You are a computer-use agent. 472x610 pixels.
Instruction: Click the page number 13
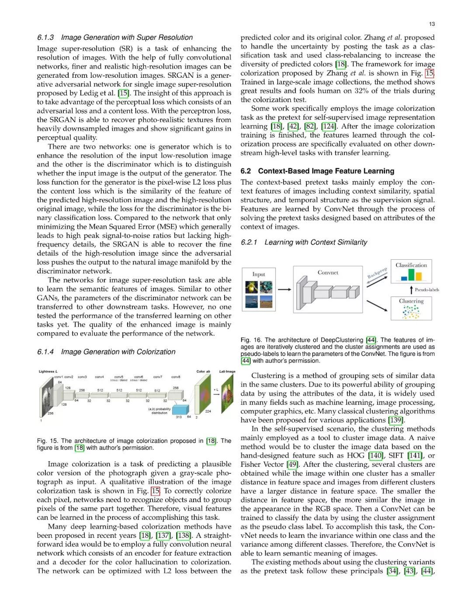432,24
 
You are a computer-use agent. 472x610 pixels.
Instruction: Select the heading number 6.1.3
45,38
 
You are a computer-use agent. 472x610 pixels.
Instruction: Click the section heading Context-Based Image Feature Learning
326,171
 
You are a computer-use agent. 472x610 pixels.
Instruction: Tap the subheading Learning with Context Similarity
316,242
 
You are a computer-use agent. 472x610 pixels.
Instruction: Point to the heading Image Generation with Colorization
118,352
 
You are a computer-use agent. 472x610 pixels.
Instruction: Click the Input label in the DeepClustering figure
259,274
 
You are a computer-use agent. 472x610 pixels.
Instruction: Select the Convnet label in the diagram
328,272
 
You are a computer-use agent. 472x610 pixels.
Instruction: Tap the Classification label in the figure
411,265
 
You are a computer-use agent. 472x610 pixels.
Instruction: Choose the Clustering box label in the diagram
411,301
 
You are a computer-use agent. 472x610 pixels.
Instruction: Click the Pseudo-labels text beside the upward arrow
427,289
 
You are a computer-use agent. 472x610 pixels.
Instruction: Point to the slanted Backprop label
377,273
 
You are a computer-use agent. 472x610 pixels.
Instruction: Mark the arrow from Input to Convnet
285,289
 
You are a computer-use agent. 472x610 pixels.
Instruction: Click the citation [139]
396,420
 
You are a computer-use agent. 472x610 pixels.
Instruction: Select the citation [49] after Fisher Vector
292,465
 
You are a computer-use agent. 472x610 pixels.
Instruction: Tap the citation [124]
329,127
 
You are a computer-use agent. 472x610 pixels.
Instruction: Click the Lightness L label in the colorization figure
48,372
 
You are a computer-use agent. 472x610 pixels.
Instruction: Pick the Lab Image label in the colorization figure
227,372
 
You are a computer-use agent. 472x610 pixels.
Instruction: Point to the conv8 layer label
176,377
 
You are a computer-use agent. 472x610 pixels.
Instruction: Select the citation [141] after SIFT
415,456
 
